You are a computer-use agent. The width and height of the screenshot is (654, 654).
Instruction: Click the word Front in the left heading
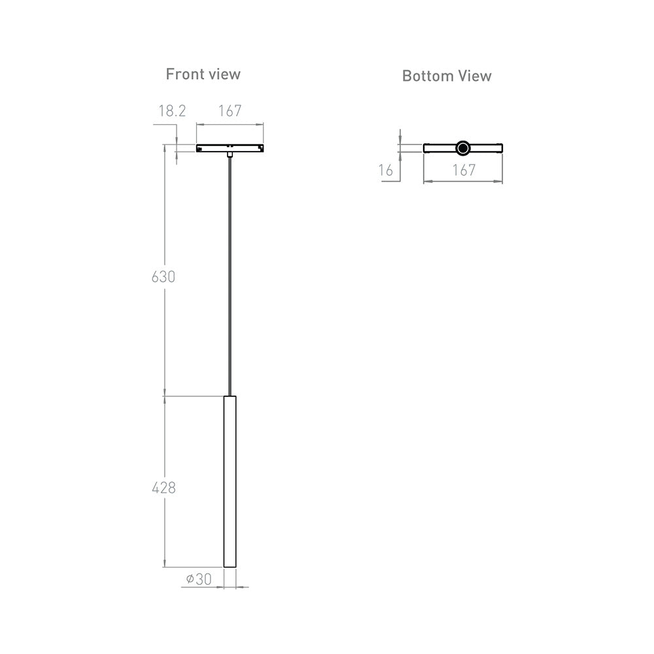click(x=185, y=75)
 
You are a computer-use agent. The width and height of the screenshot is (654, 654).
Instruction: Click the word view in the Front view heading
click(x=224, y=75)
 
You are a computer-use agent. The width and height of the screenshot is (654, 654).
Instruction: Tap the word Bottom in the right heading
click(x=428, y=76)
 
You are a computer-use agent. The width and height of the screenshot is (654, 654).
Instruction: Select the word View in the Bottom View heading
click(x=475, y=76)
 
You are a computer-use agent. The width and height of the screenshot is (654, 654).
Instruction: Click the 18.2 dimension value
click(x=172, y=111)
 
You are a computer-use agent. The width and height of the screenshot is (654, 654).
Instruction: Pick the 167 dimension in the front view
click(x=230, y=111)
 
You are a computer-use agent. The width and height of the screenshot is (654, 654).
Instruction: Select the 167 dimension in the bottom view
click(x=464, y=170)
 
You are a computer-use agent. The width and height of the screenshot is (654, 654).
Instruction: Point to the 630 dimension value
click(x=163, y=277)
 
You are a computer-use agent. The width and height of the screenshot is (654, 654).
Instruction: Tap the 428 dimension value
click(x=163, y=488)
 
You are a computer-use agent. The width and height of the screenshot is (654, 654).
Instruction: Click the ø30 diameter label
click(x=199, y=579)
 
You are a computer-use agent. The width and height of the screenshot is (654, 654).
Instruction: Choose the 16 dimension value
click(x=385, y=170)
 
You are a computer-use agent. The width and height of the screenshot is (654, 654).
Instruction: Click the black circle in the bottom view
click(x=462, y=148)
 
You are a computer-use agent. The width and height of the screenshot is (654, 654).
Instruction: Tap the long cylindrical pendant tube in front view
click(x=230, y=481)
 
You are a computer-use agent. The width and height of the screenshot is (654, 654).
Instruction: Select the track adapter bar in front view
click(x=230, y=148)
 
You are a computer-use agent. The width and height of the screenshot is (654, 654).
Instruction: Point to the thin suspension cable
click(x=230, y=276)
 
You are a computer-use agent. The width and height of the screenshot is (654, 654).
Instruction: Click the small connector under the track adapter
click(x=230, y=154)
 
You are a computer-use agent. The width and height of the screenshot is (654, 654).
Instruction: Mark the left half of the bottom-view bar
click(x=439, y=148)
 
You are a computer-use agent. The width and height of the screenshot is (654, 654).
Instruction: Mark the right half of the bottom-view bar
click(x=487, y=148)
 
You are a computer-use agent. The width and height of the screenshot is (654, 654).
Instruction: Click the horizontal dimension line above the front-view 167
click(x=230, y=124)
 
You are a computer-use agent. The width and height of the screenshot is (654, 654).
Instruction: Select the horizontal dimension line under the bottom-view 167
click(x=463, y=181)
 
